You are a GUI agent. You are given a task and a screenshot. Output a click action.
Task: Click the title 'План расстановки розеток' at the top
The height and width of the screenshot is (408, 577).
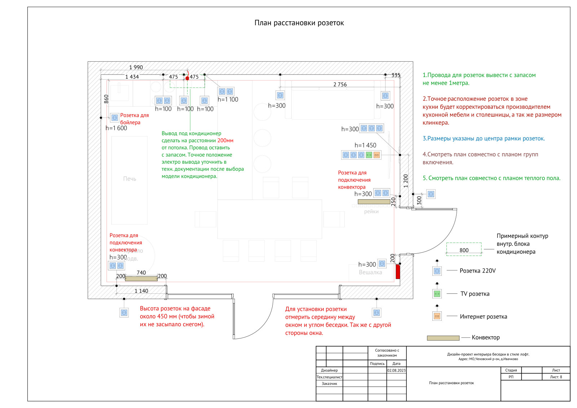(x=299, y=23)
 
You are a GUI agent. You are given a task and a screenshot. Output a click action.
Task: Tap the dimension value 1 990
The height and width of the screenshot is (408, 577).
(x=136, y=67)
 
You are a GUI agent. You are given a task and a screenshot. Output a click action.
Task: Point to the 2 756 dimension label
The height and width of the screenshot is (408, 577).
(x=340, y=85)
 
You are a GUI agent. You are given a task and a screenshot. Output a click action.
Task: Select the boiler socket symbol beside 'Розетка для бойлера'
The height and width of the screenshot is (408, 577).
(x=115, y=117)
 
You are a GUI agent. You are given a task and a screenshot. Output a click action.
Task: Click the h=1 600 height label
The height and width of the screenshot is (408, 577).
(x=116, y=128)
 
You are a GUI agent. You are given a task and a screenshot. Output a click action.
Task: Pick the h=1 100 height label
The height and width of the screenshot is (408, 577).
(x=228, y=100)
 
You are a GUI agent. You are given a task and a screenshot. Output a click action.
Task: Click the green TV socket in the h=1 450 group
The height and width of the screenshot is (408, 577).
(x=369, y=155)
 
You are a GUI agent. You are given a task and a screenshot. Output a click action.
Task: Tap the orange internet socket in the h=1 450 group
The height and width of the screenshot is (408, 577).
(x=376, y=155)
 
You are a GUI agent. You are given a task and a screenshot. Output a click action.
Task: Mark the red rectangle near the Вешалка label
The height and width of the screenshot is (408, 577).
(x=398, y=272)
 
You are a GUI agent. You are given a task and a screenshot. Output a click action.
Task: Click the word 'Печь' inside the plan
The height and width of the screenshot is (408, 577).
(x=129, y=179)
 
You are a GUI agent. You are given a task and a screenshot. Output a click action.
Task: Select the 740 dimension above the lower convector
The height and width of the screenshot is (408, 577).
(x=141, y=273)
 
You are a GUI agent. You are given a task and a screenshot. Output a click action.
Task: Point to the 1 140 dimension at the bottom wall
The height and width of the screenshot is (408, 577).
(x=141, y=291)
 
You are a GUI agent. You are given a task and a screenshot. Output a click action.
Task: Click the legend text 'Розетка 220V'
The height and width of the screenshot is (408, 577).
(x=477, y=271)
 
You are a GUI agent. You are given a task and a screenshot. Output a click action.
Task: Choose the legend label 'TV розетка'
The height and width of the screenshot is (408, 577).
(x=475, y=294)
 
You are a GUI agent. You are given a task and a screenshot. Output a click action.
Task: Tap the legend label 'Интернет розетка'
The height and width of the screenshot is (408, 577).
(x=483, y=317)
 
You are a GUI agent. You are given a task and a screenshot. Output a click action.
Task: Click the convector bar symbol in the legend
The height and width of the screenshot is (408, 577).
(x=443, y=338)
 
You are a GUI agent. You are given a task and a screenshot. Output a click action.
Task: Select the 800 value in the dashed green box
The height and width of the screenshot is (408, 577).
(x=464, y=250)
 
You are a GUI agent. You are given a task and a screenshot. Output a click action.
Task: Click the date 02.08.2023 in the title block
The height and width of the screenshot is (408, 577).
(x=396, y=370)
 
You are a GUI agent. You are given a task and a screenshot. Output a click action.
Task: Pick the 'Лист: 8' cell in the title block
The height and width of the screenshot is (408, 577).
(x=556, y=377)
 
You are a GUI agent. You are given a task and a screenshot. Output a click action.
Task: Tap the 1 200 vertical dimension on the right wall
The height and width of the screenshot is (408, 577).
(x=406, y=181)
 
